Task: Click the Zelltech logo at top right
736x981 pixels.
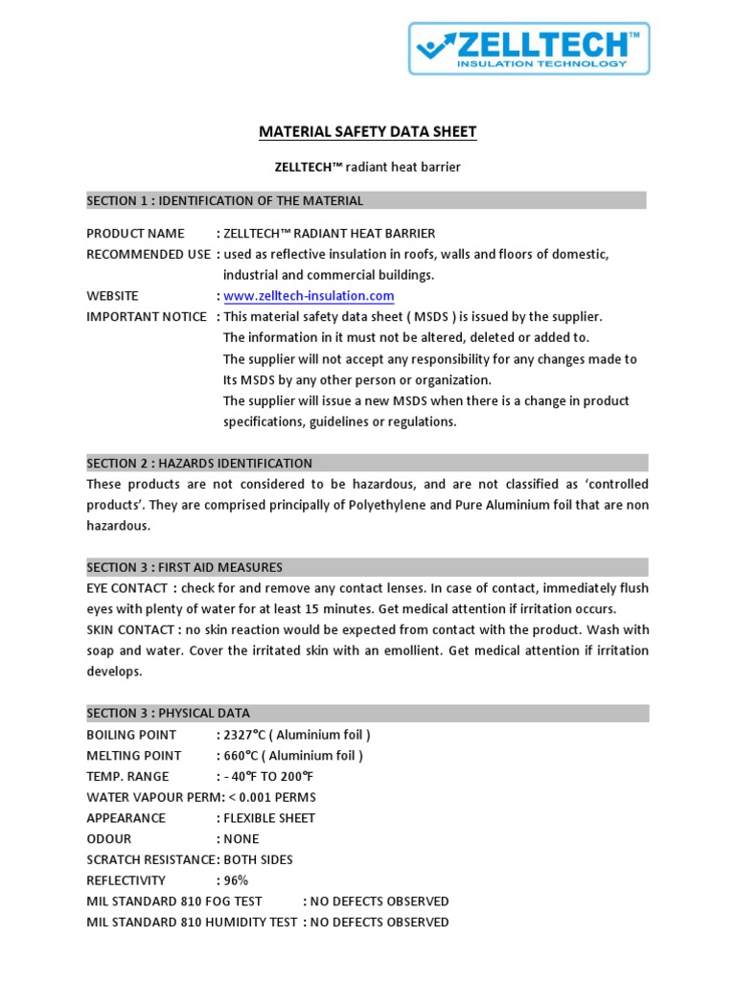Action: (530, 49)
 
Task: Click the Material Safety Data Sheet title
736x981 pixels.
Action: (368, 132)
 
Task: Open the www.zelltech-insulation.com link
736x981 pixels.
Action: (309, 296)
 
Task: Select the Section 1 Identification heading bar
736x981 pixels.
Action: (366, 200)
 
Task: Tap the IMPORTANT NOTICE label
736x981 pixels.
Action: (147, 317)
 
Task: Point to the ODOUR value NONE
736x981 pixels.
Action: (241, 839)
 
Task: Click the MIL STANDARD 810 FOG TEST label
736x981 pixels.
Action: (174, 901)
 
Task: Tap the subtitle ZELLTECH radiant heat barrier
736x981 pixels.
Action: (368, 167)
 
